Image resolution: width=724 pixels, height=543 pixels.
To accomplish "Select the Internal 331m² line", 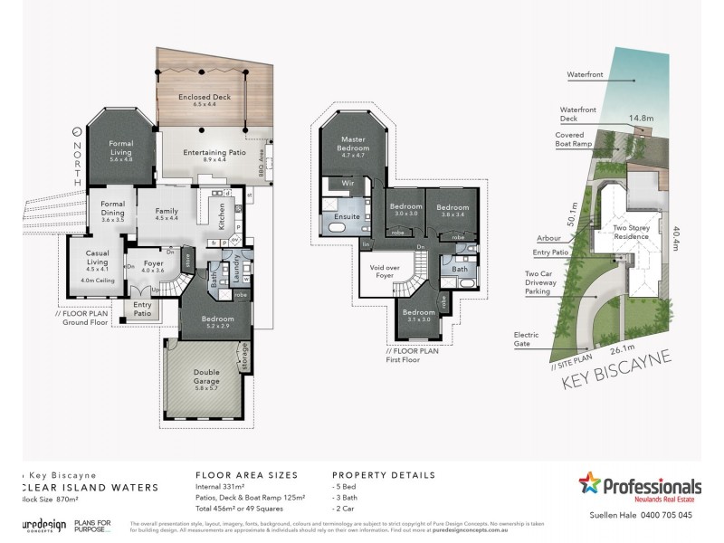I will click(x=224, y=489).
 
